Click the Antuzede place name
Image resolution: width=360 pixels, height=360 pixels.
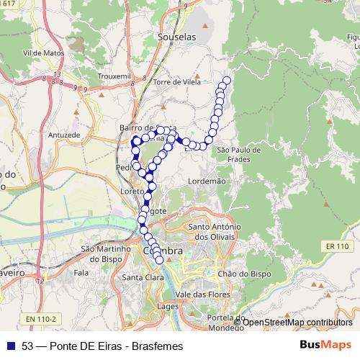click(x=63, y=135)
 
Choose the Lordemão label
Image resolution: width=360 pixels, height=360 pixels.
click(x=207, y=181)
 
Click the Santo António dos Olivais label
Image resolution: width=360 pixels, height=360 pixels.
click(x=213, y=232)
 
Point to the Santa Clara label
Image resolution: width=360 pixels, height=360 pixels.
click(x=141, y=278)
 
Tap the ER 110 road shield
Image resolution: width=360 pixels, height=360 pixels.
click(x=336, y=246)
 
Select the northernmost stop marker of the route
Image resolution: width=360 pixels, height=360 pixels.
click(x=227, y=81)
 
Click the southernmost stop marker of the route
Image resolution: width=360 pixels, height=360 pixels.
click(x=160, y=260)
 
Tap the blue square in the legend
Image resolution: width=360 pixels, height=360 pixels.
click(x=10, y=346)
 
